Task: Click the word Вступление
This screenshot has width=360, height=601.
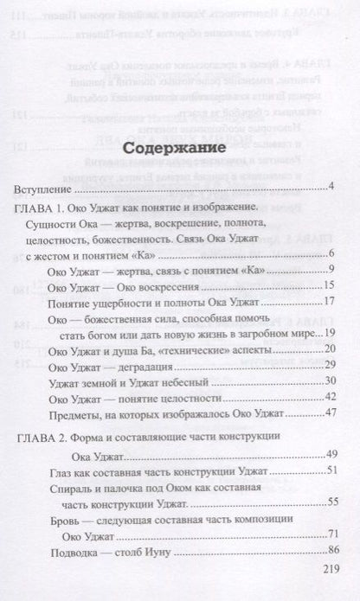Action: [44, 189]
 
